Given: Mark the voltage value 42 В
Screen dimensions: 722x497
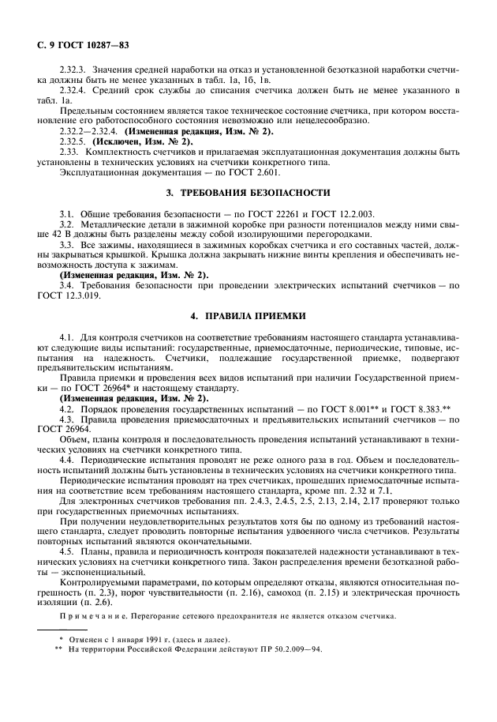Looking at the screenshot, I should coord(53,234).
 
